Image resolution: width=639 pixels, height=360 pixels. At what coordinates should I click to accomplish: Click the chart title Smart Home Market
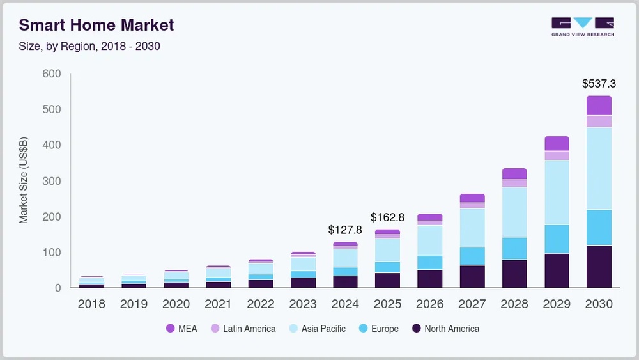click(x=96, y=26)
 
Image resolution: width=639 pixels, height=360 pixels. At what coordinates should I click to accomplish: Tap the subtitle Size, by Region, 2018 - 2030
click(x=89, y=47)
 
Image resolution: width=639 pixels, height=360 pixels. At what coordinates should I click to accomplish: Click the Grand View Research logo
click(x=582, y=27)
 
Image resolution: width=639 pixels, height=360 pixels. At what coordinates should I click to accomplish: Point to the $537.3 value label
click(x=598, y=84)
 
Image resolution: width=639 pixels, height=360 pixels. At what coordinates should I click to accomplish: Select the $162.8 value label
click(x=387, y=217)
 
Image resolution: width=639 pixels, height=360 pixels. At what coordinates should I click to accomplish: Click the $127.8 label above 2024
click(x=344, y=230)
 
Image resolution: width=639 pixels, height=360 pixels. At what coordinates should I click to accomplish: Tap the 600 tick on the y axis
click(x=50, y=74)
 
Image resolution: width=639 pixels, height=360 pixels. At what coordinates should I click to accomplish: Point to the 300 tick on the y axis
click(x=50, y=182)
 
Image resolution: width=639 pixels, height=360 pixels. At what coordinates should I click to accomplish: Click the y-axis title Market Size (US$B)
click(x=24, y=180)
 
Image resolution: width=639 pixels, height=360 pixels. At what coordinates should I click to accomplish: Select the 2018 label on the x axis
click(x=91, y=304)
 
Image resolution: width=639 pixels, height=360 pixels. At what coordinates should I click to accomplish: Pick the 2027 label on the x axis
click(x=472, y=304)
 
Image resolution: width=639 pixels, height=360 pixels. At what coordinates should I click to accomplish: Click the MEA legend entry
click(x=181, y=329)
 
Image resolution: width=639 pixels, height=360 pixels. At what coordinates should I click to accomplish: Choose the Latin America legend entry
click(x=243, y=329)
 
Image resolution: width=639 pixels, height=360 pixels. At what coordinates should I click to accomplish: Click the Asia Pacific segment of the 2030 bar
click(x=599, y=168)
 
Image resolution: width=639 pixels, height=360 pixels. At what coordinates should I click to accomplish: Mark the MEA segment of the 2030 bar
click(x=599, y=106)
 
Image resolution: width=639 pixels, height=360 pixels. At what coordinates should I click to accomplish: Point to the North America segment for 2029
click(x=557, y=270)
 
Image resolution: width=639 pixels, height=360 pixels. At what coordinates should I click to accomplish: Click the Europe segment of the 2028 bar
click(x=514, y=248)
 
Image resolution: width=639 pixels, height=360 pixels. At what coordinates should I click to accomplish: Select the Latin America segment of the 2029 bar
click(x=557, y=155)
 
